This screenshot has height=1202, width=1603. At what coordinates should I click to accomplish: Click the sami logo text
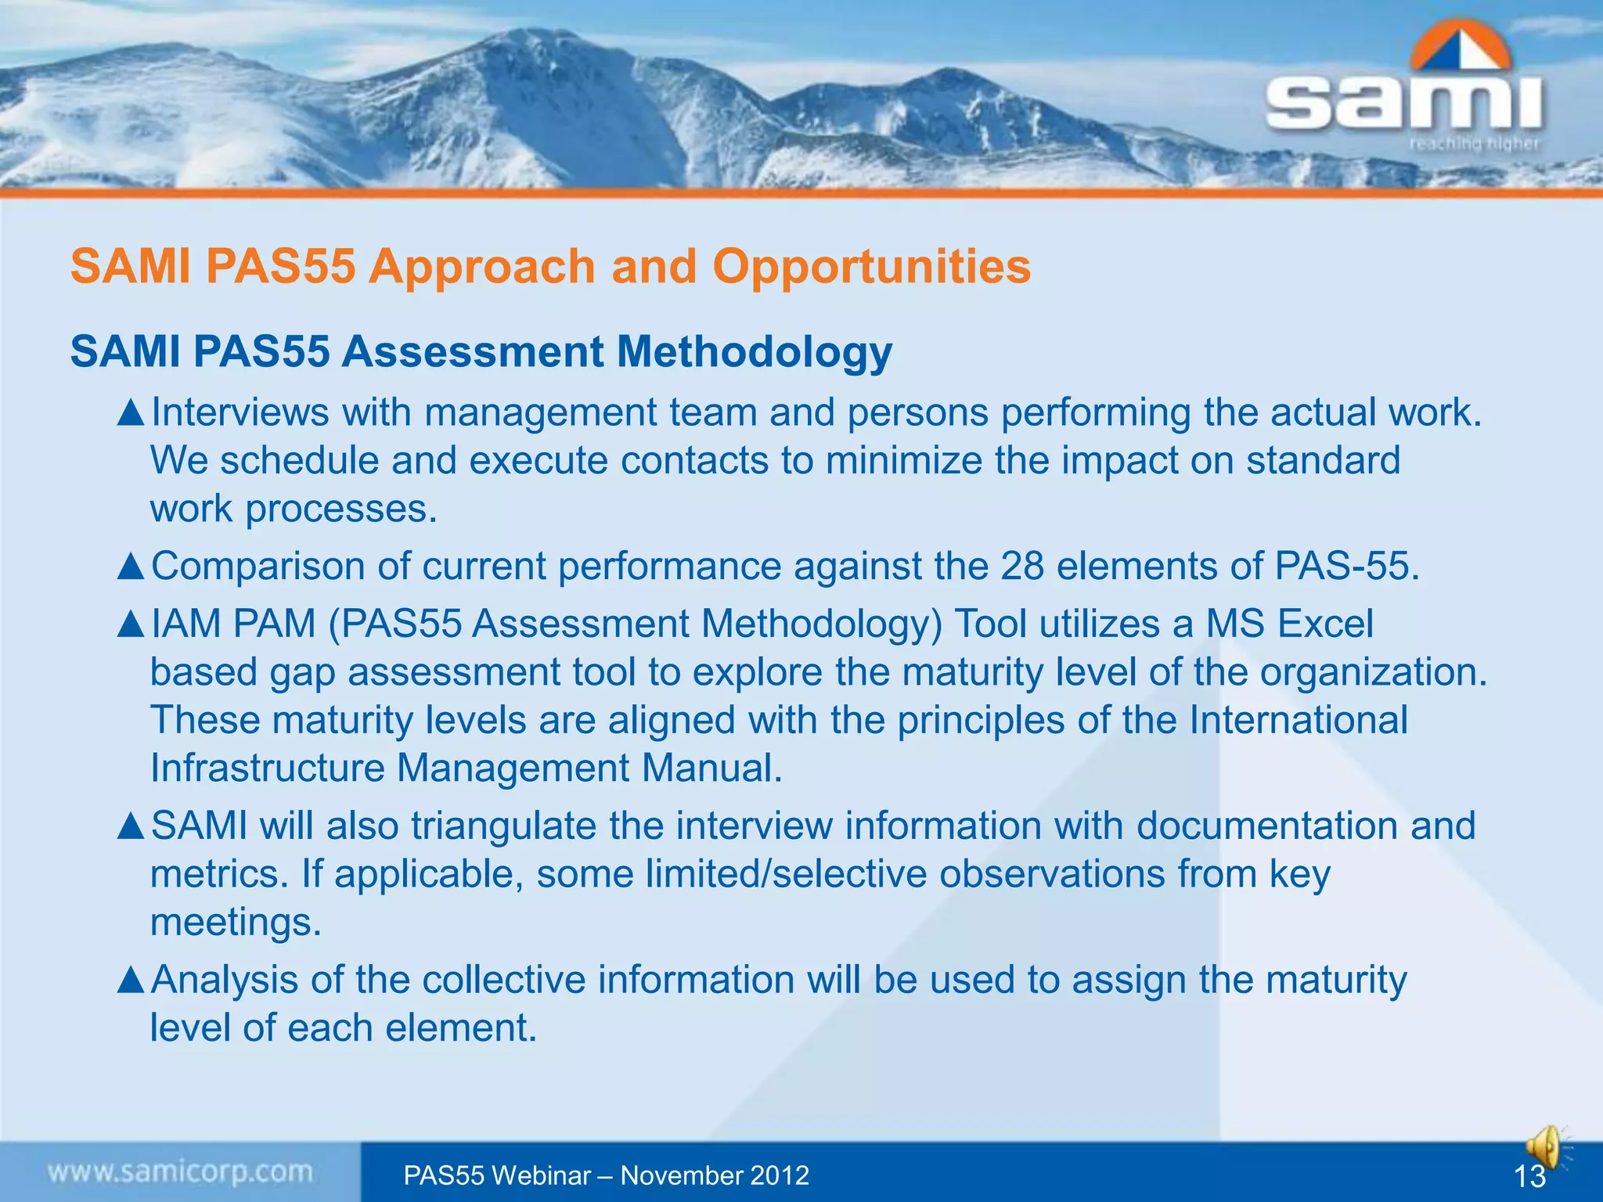pyautogui.click(x=1404, y=103)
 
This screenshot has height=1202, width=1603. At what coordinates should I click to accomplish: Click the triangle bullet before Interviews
pyautogui.click(x=131, y=412)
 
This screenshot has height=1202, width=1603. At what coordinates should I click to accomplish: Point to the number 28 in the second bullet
pyautogui.click(x=1022, y=566)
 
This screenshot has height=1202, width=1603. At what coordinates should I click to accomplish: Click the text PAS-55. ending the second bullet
pyautogui.click(x=1347, y=566)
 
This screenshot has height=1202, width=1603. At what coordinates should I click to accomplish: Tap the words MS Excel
pyautogui.click(x=1289, y=624)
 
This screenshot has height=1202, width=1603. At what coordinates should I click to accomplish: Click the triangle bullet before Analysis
pyautogui.click(x=131, y=980)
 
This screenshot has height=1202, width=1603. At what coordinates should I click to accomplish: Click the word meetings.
pyautogui.click(x=236, y=922)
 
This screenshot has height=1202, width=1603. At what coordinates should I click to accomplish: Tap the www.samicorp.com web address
pyautogui.click(x=180, y=1172)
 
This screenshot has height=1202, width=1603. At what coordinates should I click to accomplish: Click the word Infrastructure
pyautogui.click(x=267, y=768)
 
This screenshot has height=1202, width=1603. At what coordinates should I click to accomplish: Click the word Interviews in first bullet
pyautogui.click(x=240, y=412)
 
